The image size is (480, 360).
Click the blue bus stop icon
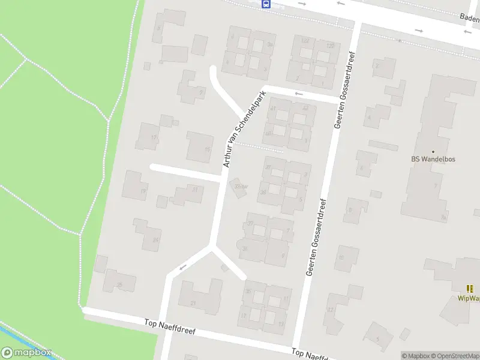[x=266, y=4]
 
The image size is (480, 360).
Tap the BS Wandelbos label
[x=433, y=160]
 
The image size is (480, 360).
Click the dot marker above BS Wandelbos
[x=433, y=151]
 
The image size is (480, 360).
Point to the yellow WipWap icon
[x=469, y=289]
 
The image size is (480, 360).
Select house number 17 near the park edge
[x=154, y=137]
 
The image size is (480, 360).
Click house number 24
[x=155, y=240]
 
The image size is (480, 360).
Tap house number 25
[x=119, y=284]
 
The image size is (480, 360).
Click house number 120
[x=329, y=46]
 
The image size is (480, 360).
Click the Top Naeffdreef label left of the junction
[x=170, y=327]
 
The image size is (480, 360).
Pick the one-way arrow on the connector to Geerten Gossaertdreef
[x=299, y=94]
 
